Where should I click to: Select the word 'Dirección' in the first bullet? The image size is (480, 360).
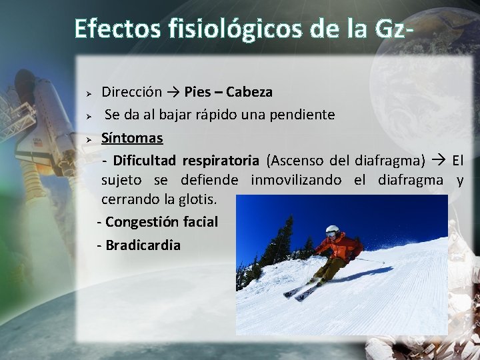(x=132, y=91)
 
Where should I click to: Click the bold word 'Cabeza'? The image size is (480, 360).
(x=249, y=91)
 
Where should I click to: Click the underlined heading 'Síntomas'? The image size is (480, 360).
(x=132, y=138)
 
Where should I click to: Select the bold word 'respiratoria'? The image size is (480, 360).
(x=221, y=160)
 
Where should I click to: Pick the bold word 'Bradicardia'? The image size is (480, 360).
(x=143, y=245)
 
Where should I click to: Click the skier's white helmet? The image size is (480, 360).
(x=332, y=231)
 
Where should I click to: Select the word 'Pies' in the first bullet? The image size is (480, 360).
(x=197, y=91)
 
